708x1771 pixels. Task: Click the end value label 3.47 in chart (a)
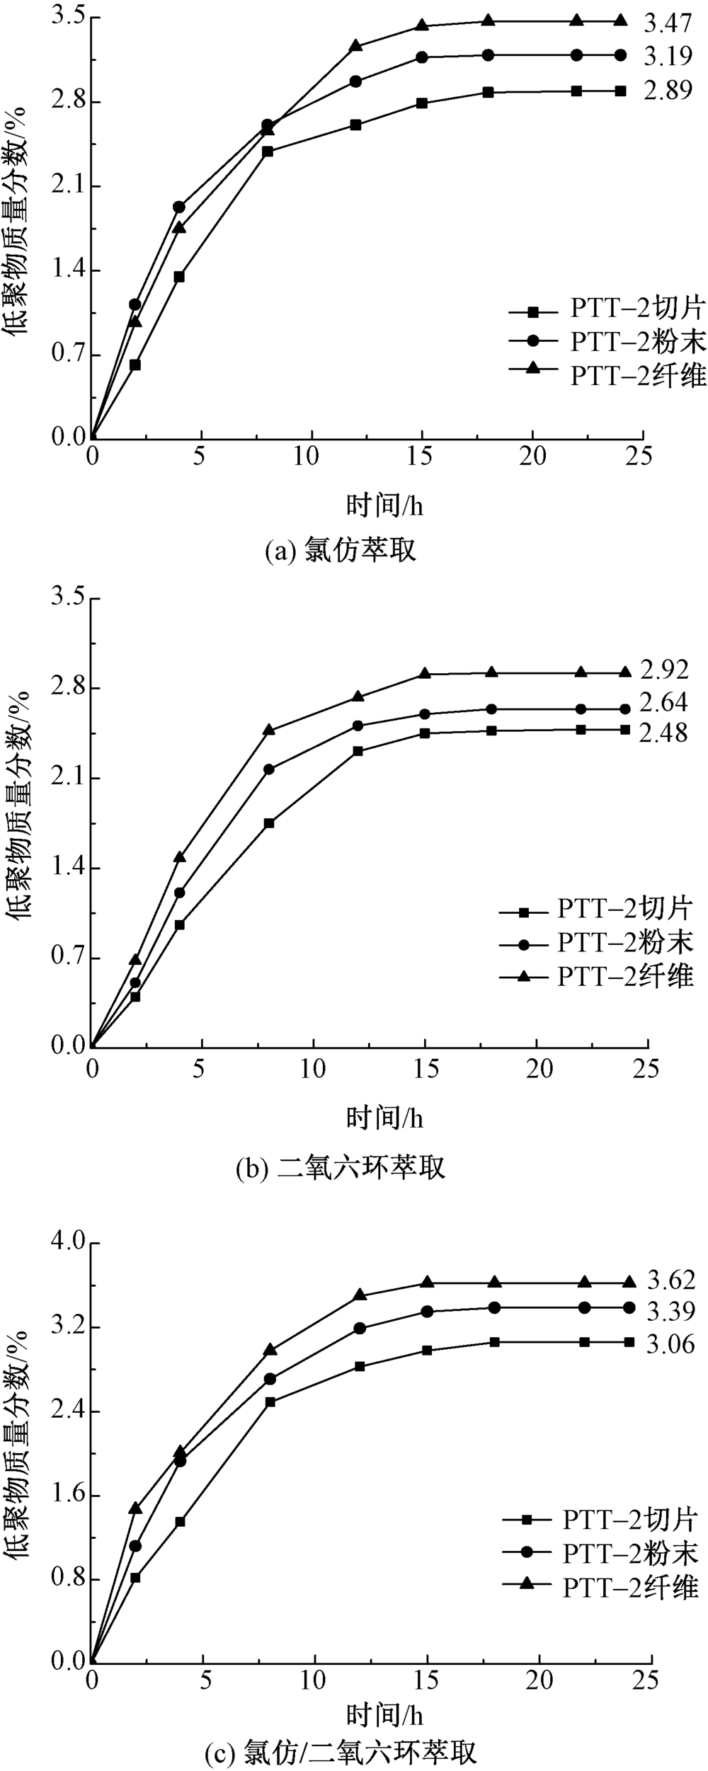(x=667, y=24)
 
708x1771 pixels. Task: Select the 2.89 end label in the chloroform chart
(x=667, y=91)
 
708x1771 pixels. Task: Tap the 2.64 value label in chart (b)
(x=663, y=702)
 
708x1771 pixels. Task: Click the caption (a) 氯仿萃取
(x=341, y=550)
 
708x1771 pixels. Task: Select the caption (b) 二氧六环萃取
(x=341, y=1167)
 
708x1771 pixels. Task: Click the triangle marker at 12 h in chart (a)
(x=355, y=46)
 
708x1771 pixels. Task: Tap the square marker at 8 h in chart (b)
(x=268, y=823)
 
